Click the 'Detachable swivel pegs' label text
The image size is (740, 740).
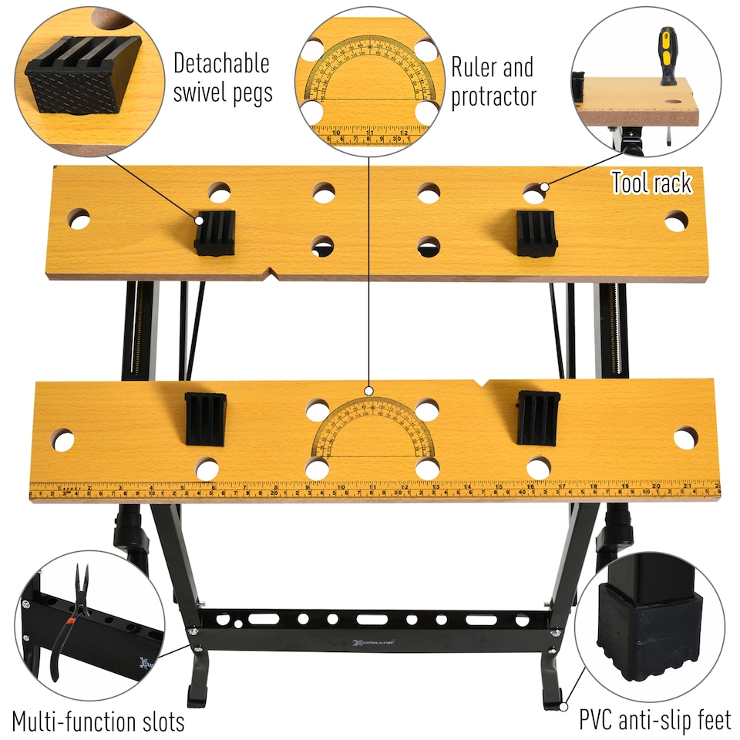click(x=222, y=77)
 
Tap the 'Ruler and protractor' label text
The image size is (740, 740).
click(x=493, y=81)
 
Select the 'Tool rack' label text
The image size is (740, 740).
click(x=651, y=183)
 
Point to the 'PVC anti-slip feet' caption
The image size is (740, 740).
click(x=654, y=721)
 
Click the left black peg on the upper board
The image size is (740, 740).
click(x=214, y=232)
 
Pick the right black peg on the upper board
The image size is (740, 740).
click(x=537, y=233)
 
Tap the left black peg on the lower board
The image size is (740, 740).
click(x=205, y=419)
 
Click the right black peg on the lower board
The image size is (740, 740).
click(x=538, y=417)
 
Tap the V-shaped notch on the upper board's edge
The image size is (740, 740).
click(x=270, y=274)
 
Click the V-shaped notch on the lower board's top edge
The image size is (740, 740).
click(x=483, y=382)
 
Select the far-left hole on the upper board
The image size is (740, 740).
click(x=79, y=219)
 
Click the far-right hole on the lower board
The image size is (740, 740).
click(x=684, y=438)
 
